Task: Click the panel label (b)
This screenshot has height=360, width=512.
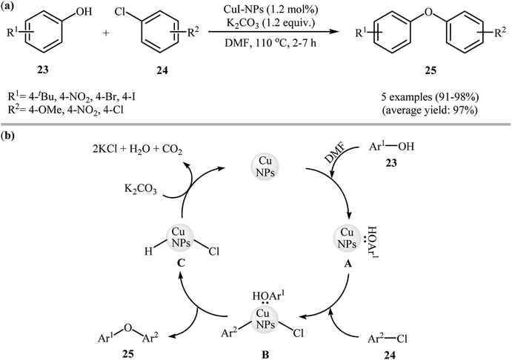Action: click(9, 136)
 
